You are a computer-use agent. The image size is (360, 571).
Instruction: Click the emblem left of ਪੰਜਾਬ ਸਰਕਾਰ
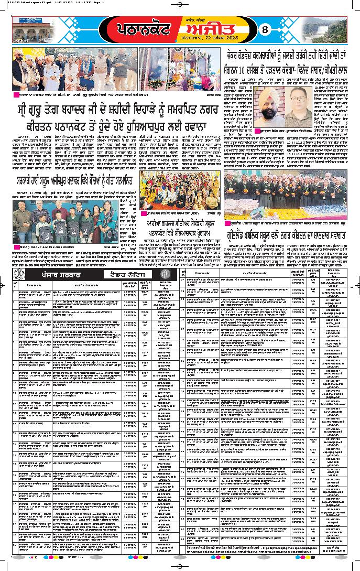[17, 275]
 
